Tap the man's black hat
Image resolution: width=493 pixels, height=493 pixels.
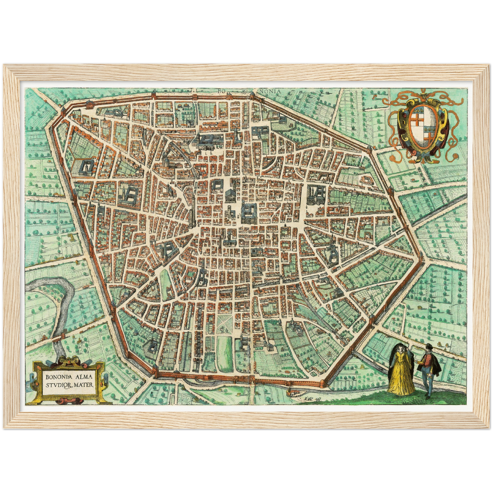428,347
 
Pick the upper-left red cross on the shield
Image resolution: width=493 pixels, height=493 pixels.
418,120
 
